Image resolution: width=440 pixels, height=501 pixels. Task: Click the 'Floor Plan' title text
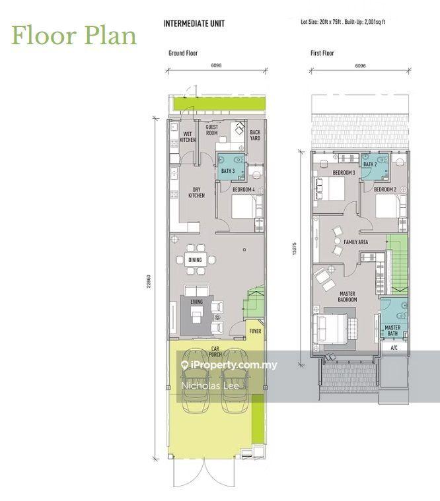click(73, 34)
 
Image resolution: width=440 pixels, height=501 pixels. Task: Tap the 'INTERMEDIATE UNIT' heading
click(194, 24)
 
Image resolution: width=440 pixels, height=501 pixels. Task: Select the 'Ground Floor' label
click(183, 53)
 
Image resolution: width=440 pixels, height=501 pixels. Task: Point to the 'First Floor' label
click(322, 53)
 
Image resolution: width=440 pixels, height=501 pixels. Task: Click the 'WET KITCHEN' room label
click(188, 137)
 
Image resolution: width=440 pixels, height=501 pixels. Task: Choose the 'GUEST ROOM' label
click(211, 130)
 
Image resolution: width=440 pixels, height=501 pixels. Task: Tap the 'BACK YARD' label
click(255, 135)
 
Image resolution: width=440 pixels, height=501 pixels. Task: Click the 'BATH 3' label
click(228, 171)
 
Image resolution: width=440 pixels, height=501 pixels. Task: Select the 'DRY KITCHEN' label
click(196, 192)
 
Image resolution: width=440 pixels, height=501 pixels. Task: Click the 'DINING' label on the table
click(195, 260)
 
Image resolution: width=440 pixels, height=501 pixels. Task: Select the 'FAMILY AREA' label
click(356, 242)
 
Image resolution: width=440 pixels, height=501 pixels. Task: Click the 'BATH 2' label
click(370, 164)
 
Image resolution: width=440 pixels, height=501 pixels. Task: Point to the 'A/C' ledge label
click(394, 347)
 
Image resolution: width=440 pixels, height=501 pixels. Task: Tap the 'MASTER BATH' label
click(392, 330)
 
